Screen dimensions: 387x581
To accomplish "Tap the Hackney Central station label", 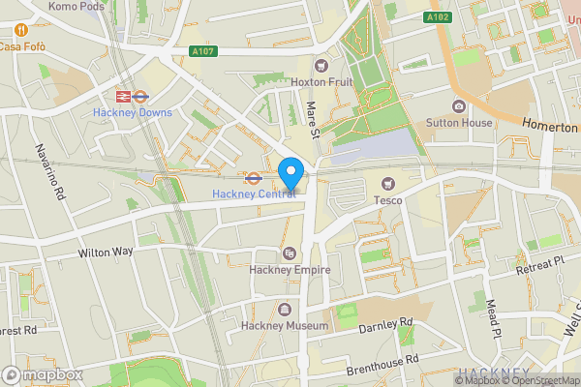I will (x=254, y=194).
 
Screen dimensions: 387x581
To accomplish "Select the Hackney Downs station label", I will (x=133, y=112).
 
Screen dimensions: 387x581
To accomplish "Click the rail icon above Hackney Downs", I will (x=124, y=96).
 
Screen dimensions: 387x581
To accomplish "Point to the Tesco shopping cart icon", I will (x=388, y=184).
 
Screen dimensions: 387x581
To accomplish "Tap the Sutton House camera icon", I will (x=458, y=106).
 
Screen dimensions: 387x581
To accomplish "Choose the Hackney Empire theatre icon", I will (x=287, y=253).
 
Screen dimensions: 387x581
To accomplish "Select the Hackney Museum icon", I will (x=285, y=311).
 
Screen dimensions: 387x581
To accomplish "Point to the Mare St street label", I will (x=313, y=122).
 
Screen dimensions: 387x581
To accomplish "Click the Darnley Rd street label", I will (x=385, y=326).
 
